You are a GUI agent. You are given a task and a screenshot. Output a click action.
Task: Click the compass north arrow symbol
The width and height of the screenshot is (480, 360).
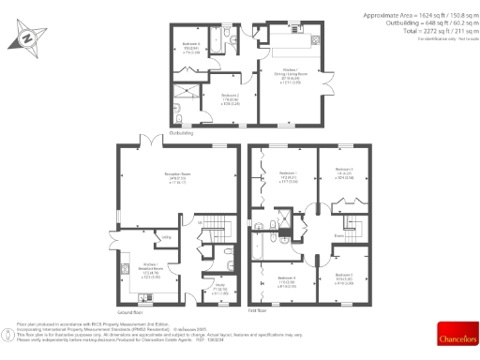pyautogui.click(x=25, y=40)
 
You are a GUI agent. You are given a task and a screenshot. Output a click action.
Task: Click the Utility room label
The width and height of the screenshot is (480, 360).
pyautogui.click(x=166, y=238)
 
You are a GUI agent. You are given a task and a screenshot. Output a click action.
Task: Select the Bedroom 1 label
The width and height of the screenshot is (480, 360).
pyautogui.click(x=289, y=175)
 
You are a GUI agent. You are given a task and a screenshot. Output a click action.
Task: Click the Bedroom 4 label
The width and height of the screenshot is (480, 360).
pyautogui.click(x=288, y=281)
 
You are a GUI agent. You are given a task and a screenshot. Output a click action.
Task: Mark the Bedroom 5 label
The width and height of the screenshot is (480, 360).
pyautogui.click(x=344, y=277)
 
